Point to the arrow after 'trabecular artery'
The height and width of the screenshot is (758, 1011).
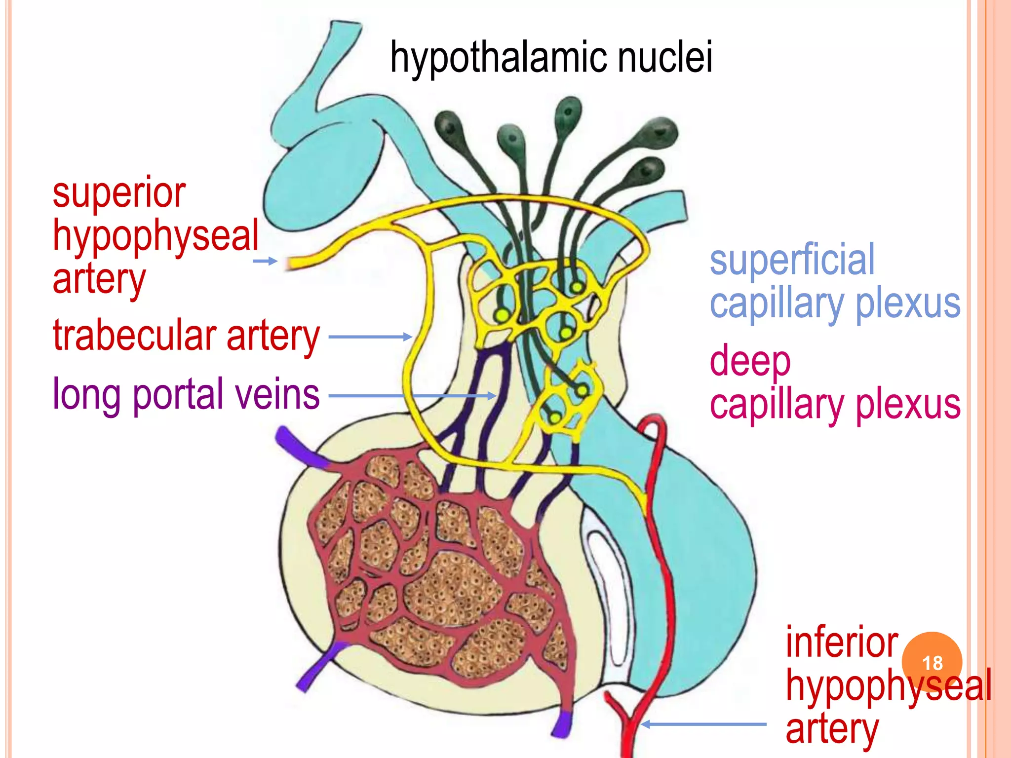(370, 337)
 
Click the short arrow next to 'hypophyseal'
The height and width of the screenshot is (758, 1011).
(265, 261)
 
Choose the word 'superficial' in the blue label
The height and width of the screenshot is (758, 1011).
(792, 260)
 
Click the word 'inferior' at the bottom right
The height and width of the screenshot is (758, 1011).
(841, 643)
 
